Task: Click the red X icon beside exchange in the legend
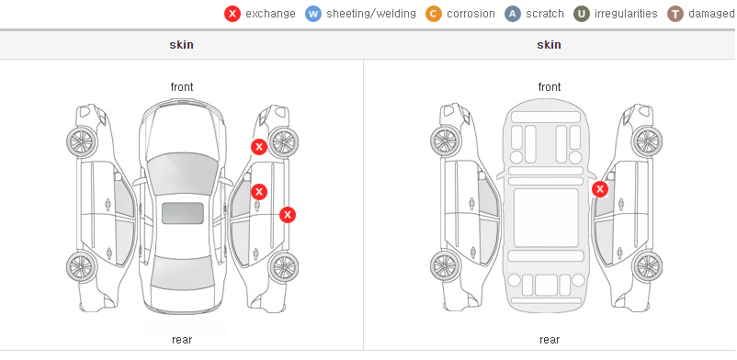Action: point(232,14)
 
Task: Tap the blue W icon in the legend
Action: point(313,14)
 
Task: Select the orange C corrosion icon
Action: point(434,14)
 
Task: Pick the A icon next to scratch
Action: point(513,14)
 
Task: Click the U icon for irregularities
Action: point(582,14)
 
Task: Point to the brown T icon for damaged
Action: point(675,14)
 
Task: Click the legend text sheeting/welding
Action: point(371,14)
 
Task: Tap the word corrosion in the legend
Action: point(471,14)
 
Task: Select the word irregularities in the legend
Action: point(626,14)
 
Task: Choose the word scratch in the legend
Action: point(545,14)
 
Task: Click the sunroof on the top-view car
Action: point(183,213)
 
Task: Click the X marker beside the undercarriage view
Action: point(600,189)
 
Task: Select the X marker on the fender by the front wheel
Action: point(259,147)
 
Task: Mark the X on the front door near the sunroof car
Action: point(259,192)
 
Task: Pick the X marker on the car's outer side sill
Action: point(288,215)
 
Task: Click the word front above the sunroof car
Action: point(182,87)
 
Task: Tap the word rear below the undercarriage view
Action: point(550,340)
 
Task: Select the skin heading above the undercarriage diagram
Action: point(549,45)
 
